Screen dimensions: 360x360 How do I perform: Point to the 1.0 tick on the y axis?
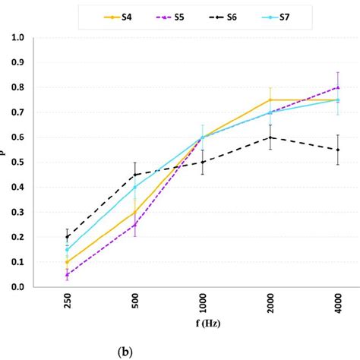39,38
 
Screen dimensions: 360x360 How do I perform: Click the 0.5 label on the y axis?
39,163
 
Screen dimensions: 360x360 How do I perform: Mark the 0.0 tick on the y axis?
39,287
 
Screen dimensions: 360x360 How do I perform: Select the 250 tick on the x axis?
68,307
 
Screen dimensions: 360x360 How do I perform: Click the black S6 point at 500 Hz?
135,175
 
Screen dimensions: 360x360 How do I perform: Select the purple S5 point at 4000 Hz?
337,87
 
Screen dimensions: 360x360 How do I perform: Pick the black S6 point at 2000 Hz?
270,137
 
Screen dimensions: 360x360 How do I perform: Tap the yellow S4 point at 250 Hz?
68,262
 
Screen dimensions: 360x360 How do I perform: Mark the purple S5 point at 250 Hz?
68,275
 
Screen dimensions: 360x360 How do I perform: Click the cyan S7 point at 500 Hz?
135,188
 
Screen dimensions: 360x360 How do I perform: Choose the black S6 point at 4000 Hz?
337,150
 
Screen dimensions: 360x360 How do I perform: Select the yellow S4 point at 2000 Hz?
270,100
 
